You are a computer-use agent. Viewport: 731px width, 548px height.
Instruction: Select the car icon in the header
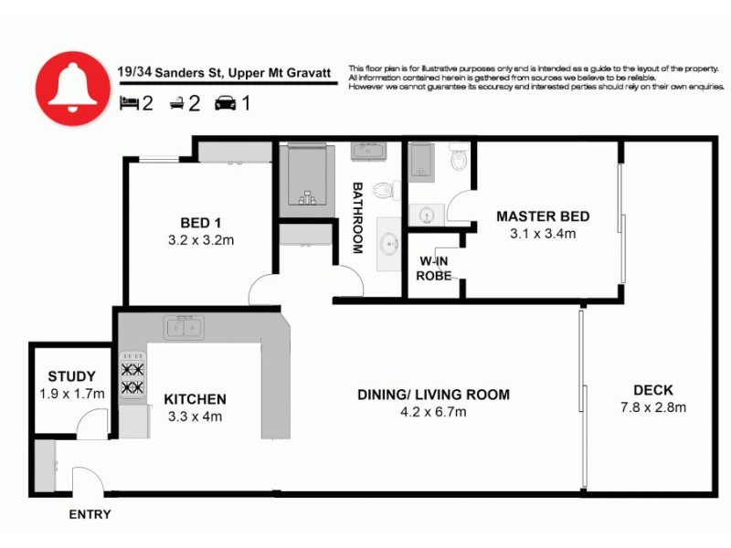(x=224, y=104)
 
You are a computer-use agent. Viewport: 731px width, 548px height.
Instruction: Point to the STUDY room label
(x=72, y=375)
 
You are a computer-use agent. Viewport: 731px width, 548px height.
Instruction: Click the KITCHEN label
(x=195, y=399)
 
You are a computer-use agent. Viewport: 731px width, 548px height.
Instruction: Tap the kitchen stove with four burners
(x=132, y=378)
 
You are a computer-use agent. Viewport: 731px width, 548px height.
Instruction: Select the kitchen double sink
(x=184, y=326)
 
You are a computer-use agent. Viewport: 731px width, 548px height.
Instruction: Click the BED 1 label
(x=200, y=222)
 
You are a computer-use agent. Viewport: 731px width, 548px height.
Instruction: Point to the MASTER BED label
(x=543, y=216)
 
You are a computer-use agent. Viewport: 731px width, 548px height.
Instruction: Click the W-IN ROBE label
(x=435, y=268)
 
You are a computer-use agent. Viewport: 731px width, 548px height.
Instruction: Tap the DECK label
(x=652, y=391)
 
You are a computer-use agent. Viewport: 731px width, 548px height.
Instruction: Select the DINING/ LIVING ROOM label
(x=433, y=395)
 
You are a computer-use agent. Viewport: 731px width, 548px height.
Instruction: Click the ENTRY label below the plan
(x=90, y=514)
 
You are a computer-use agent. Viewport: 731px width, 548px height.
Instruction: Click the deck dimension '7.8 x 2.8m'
(x=652, y=407)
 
